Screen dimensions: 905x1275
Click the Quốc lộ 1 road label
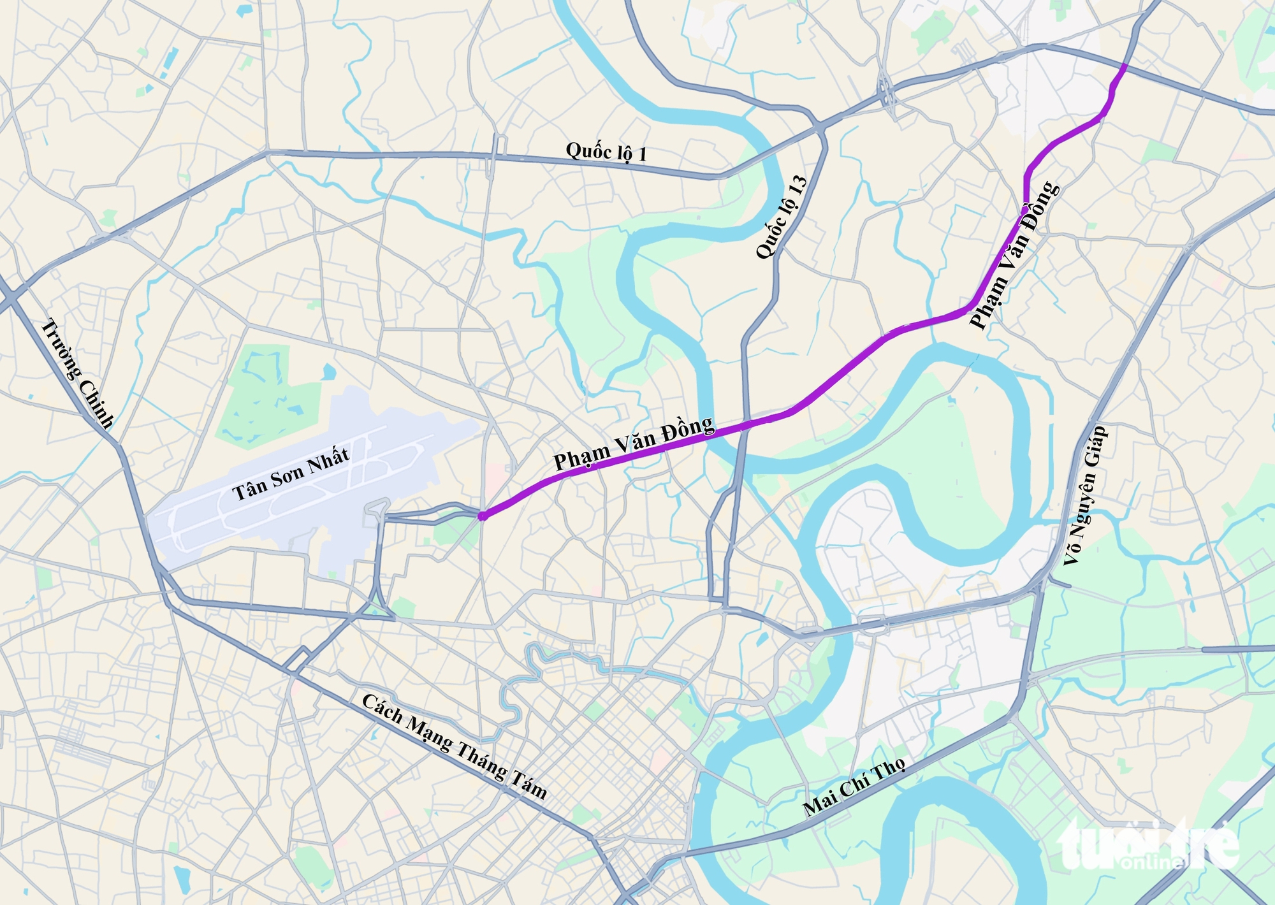606,152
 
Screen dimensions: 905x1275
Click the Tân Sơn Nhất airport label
291,474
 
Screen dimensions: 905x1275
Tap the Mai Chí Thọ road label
854,788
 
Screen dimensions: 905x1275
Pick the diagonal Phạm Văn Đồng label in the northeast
1014,256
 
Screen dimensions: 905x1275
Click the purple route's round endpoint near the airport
483,516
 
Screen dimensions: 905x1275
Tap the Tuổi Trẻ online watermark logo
1147,844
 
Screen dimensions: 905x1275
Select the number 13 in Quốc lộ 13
798,185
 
